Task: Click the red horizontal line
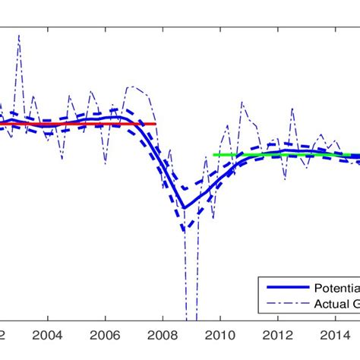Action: (76, 124)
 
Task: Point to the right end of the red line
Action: (156, 124)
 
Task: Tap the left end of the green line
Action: (214, 155)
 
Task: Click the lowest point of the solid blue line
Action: (183, 207)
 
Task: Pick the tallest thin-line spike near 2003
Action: (18, 36)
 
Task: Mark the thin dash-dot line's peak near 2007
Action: (133, 87)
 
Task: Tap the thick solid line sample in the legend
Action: (286, 289)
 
